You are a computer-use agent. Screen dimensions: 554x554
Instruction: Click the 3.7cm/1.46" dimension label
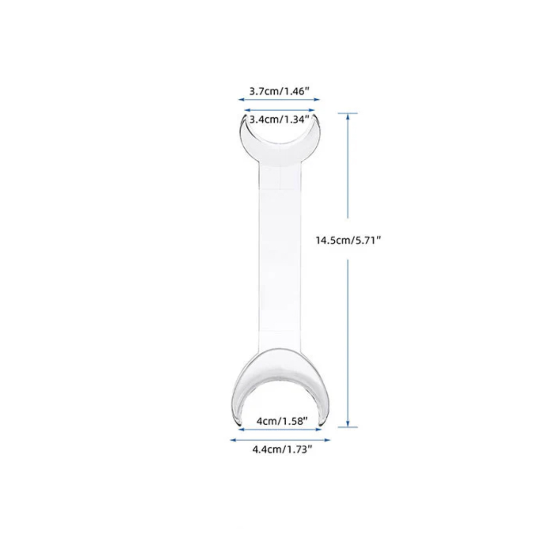[x=279, y=91]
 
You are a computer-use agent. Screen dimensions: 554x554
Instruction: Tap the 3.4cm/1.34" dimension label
[x=279, y=120]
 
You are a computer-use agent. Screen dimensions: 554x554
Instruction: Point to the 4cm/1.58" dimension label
[x=282, y=421]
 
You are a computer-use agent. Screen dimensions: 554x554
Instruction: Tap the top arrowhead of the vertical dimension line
[x=348, y=116]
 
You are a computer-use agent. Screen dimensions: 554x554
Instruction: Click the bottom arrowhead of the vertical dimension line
[x=348, y=424]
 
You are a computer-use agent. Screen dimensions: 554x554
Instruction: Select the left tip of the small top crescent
[x=243, y=116]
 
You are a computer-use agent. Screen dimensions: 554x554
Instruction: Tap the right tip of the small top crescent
[x=316, y=116]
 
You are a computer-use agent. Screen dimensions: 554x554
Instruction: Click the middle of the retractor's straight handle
[x=280, y=259]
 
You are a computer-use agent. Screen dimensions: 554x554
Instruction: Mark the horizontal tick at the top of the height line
[x=348, y=113]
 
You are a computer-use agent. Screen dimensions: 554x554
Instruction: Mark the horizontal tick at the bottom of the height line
[x=348, y=427]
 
